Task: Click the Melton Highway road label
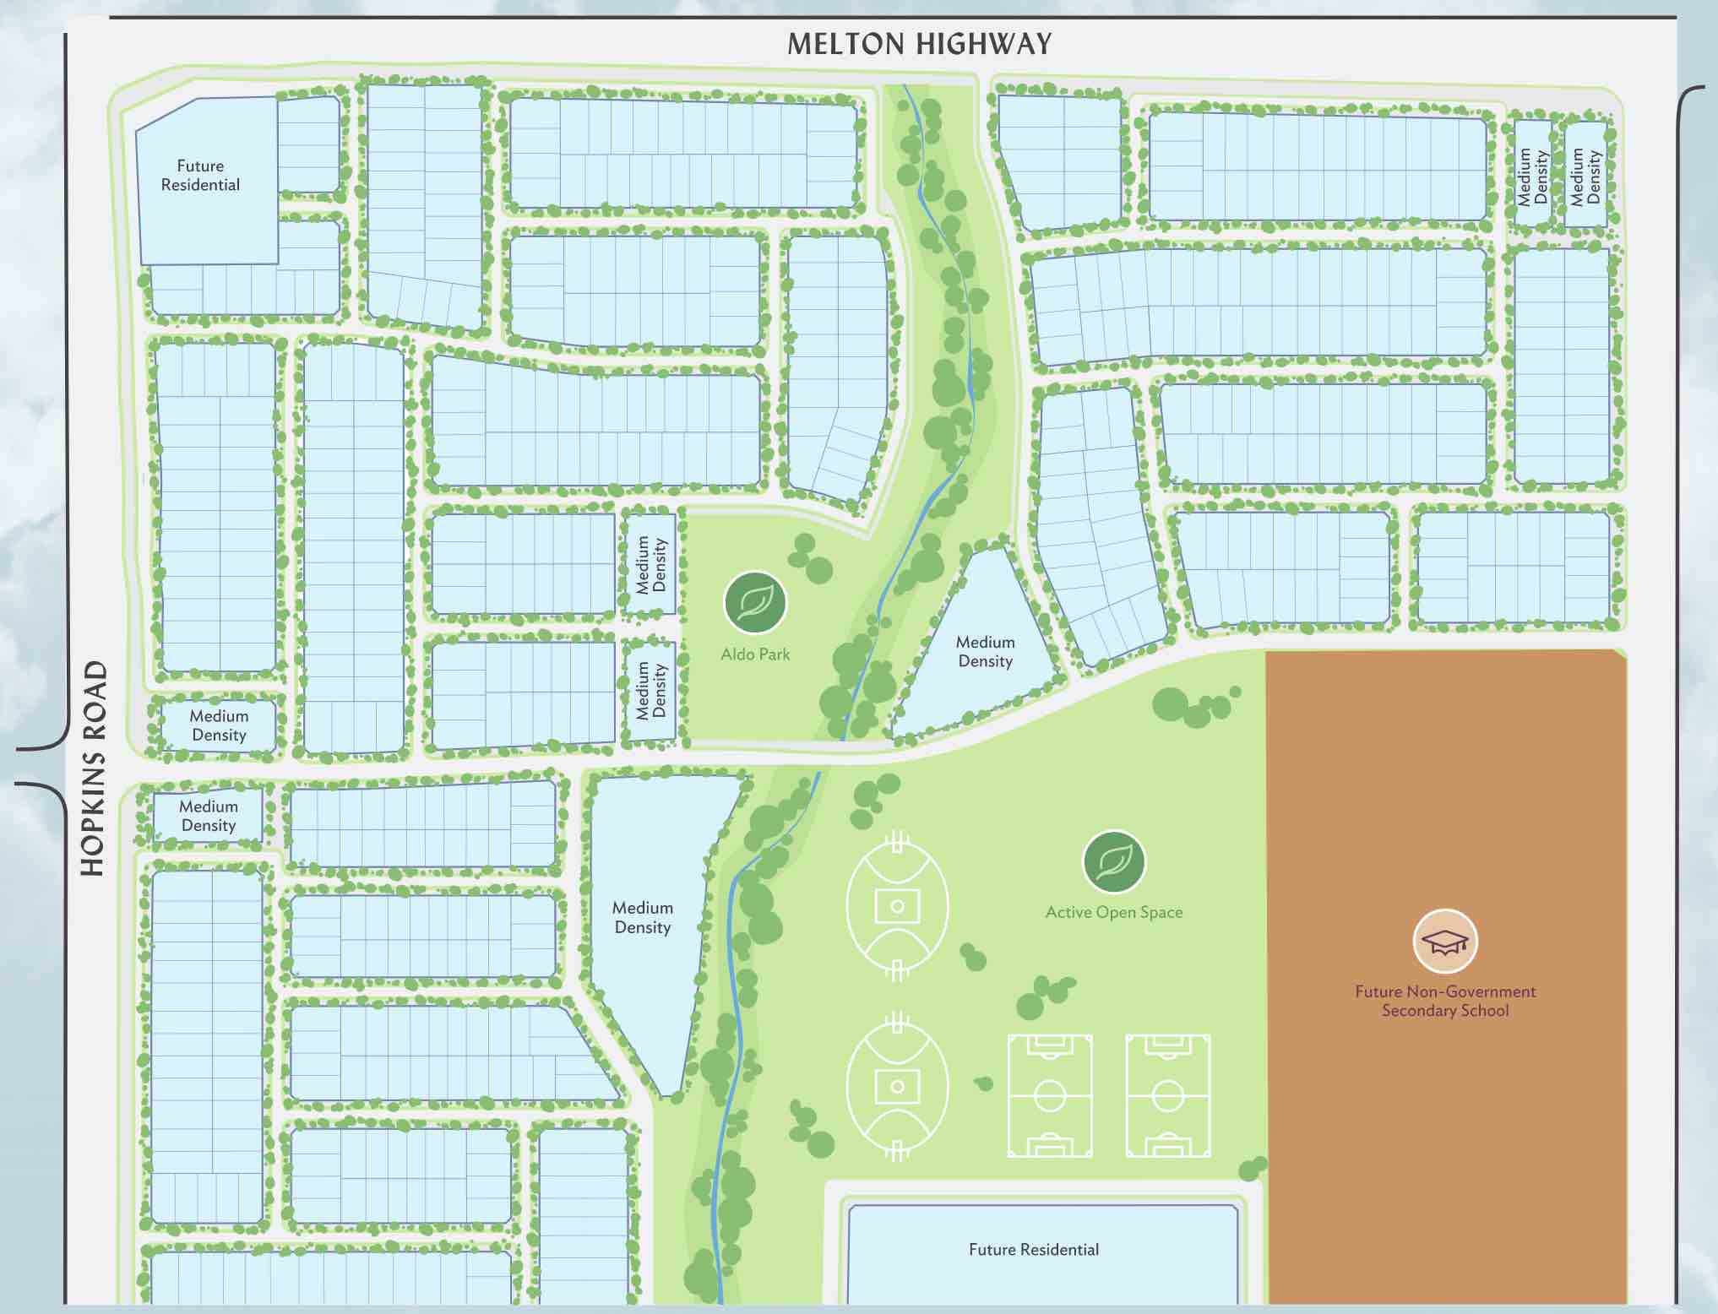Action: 920,44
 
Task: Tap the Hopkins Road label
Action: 94,768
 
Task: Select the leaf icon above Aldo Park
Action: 754,603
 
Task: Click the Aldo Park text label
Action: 755,654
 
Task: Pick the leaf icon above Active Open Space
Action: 1113,862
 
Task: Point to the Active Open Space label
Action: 1113,913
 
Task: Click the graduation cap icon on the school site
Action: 1444,942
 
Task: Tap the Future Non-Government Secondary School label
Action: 1444,1002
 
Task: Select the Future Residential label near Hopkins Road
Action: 200,176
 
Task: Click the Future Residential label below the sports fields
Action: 1033,1250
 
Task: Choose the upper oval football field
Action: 897,906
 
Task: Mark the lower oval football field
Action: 897,1086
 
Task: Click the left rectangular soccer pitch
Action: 1049,1095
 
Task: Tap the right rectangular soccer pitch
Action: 1167,1095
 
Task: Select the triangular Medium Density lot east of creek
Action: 984,652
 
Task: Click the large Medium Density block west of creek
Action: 643,918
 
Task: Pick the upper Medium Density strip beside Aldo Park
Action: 650,564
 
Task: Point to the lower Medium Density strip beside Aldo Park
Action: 650,690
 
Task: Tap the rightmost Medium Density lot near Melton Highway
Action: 1585,176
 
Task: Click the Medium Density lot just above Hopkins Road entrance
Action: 218,725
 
